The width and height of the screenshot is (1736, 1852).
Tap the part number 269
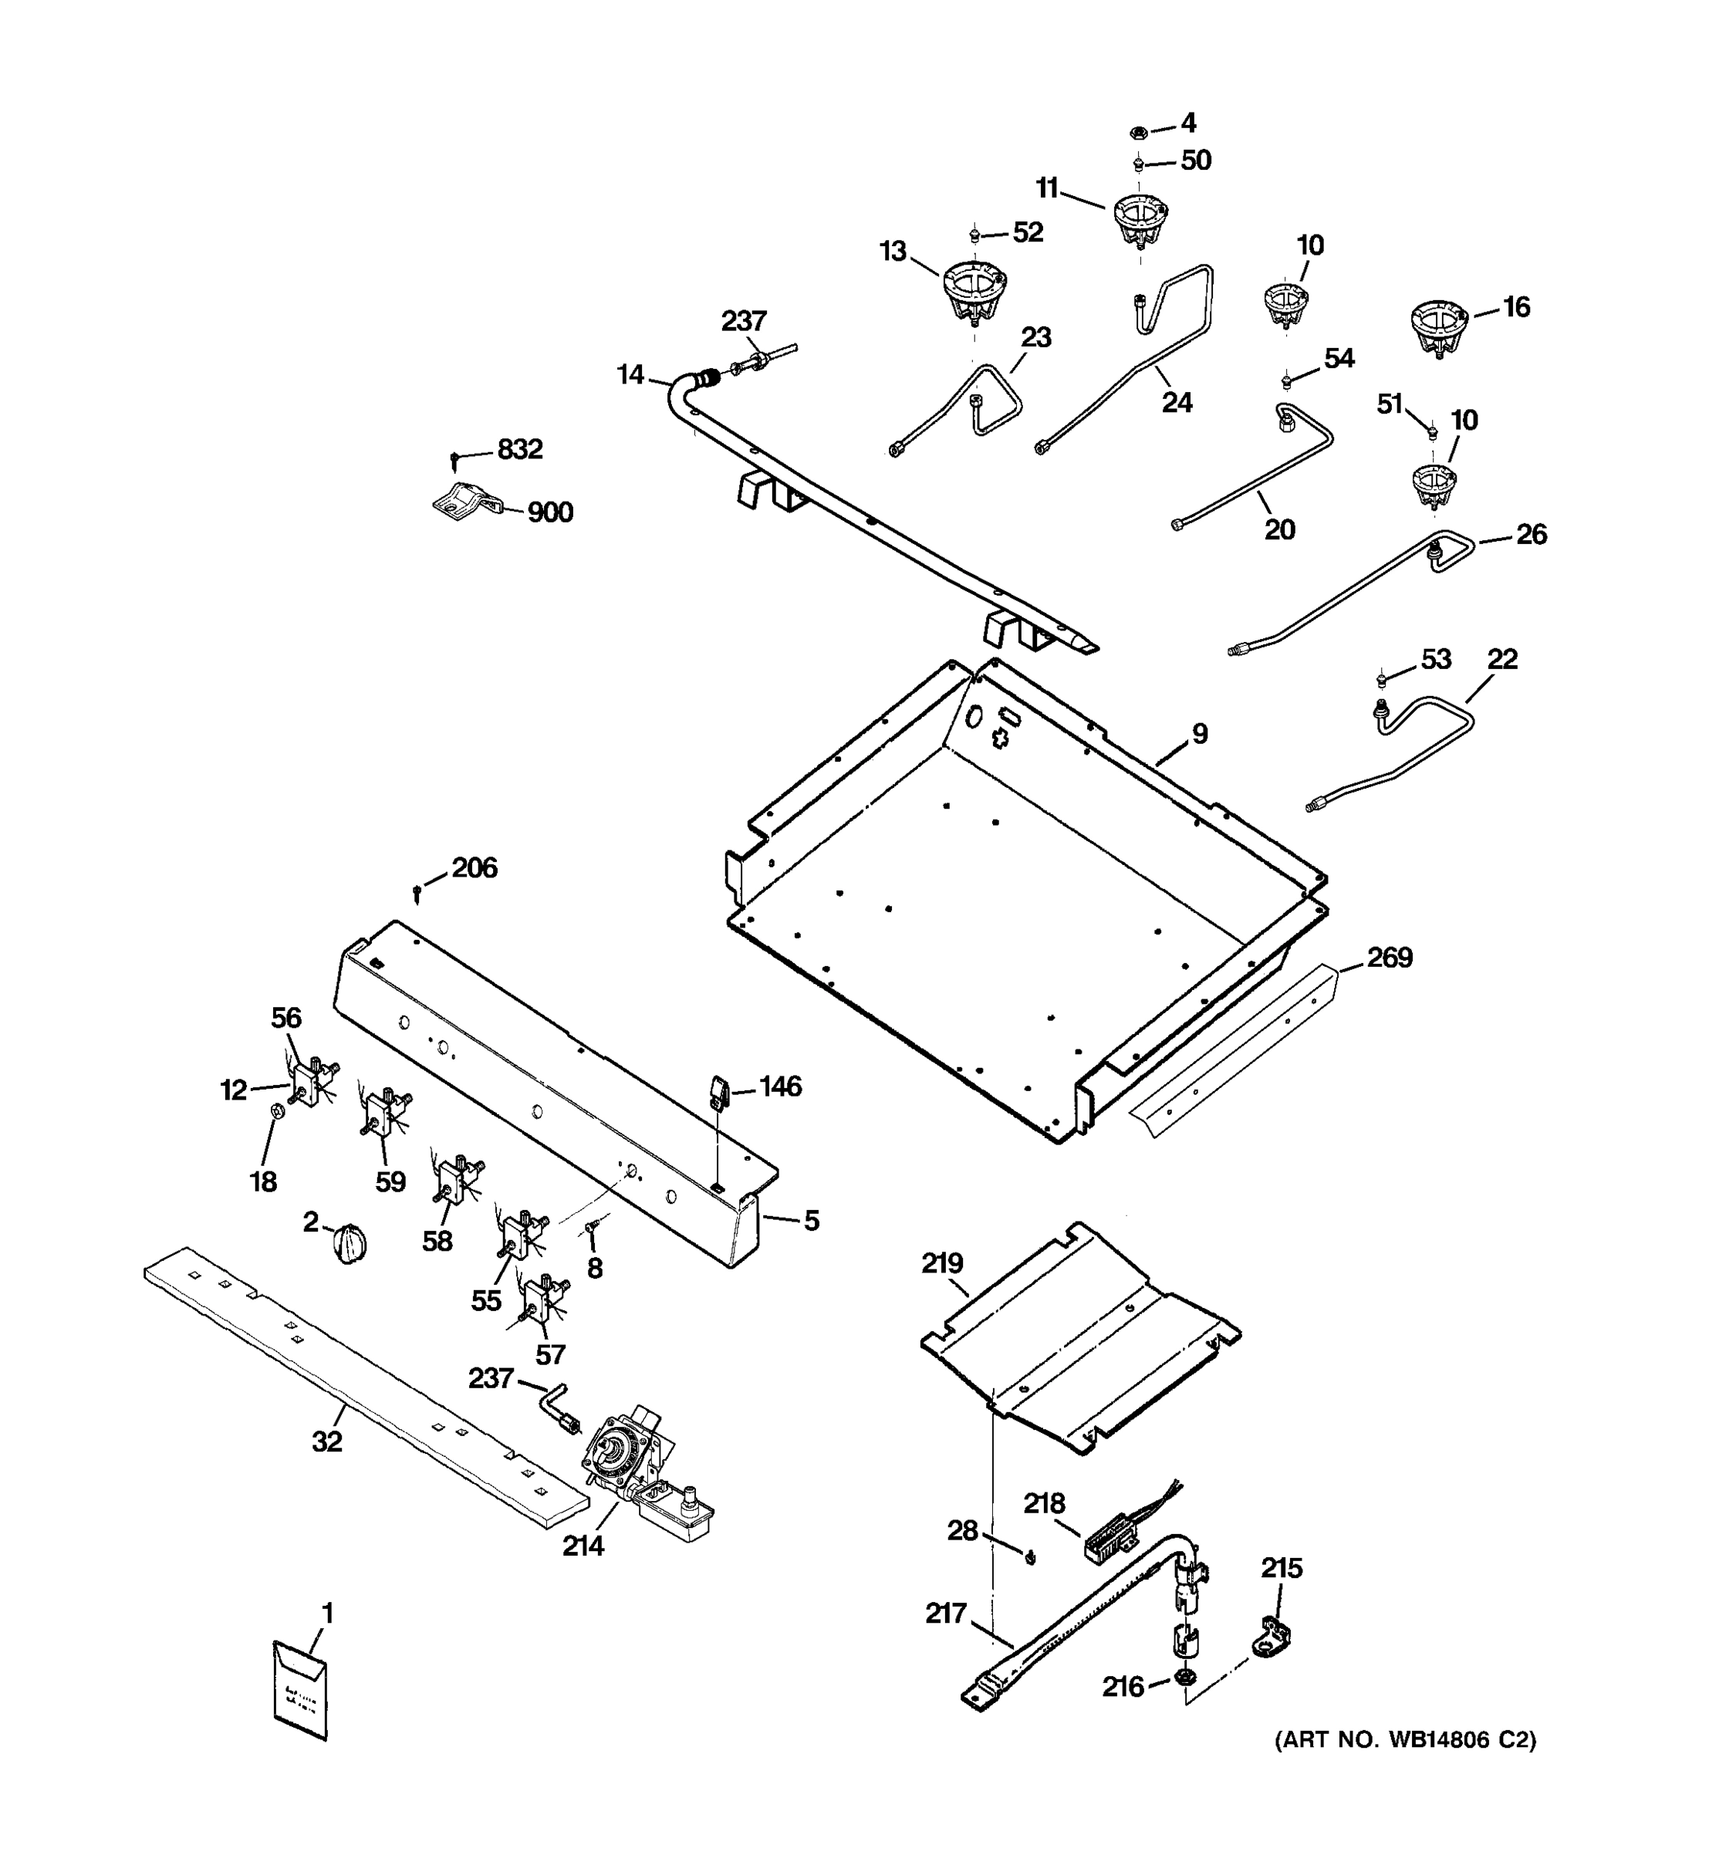tap(1390, 958)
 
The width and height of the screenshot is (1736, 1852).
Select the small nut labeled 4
tap(1138, 131)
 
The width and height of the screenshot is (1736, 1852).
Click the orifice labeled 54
tap(1286, 378)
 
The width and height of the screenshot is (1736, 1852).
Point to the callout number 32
tap(327, 1442)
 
